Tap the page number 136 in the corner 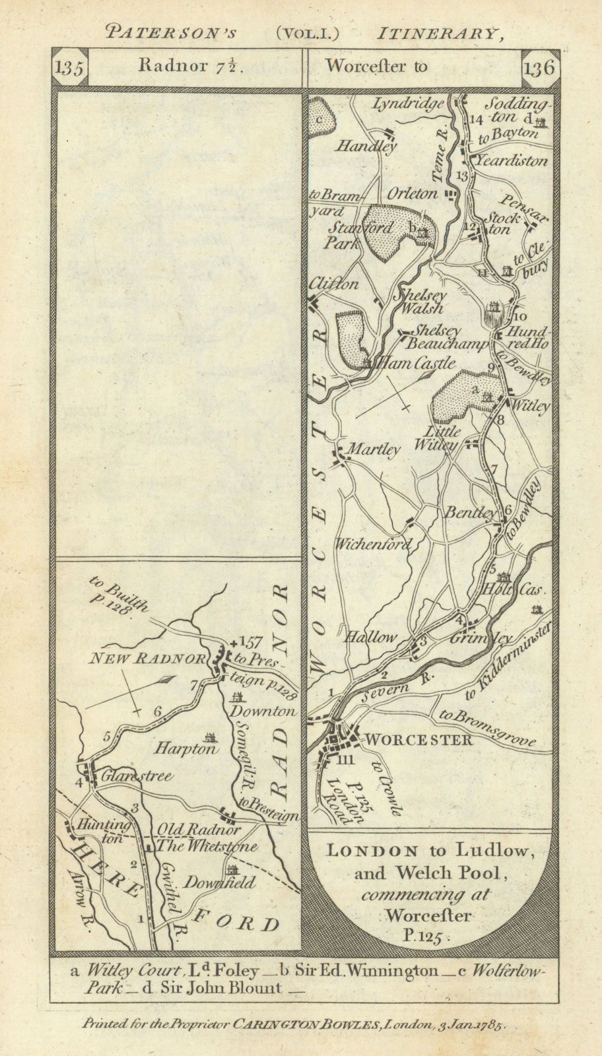(x=539, y=69)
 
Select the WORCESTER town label (x=418, y=739)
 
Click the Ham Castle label (x=415, y=363)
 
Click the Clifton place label (x=334, y=284)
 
